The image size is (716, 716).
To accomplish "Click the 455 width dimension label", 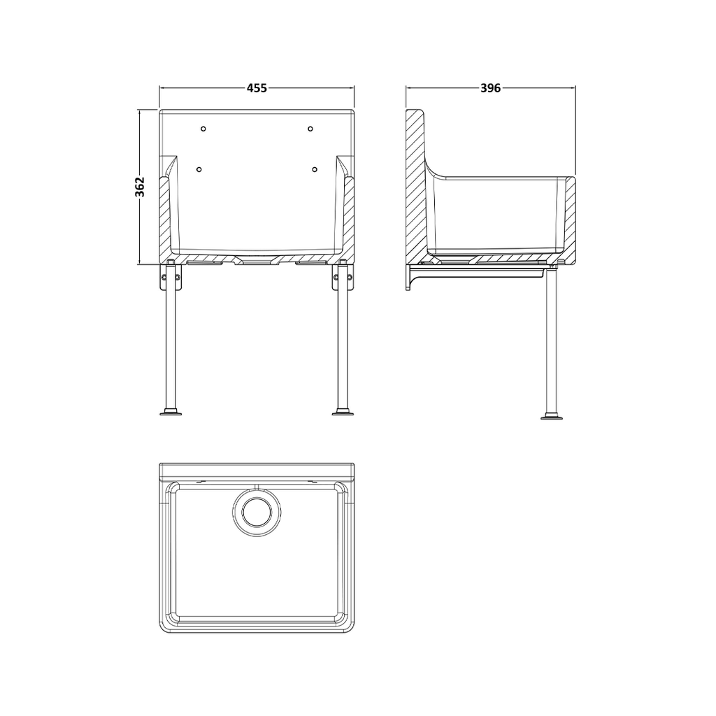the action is pos(257,87).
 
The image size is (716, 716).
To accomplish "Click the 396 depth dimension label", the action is pos(490,87).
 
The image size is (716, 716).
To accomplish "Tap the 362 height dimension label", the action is pos(140,187).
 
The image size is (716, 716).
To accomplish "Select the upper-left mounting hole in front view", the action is pos(203,129).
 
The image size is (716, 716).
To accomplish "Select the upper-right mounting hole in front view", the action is pos(310,129).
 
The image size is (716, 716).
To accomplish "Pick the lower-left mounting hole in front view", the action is pos(199,169).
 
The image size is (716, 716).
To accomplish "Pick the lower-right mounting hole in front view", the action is pos(315,169).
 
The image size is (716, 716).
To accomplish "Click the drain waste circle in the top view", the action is pos(257,511).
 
